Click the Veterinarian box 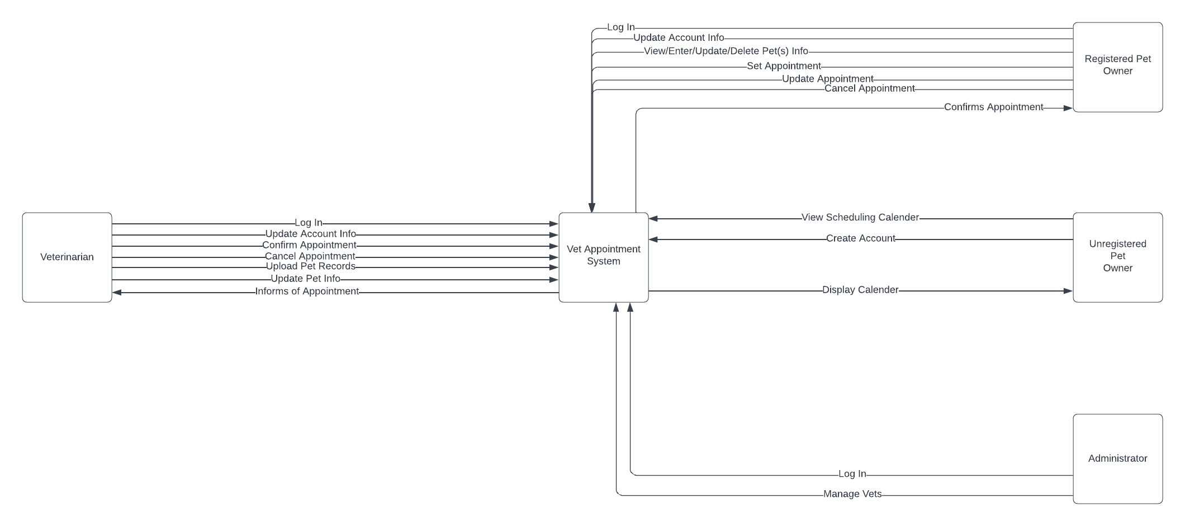67,257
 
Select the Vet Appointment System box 604,257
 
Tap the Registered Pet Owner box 1117,67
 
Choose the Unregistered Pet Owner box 1117,257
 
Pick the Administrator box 1117,459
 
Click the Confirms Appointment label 993,107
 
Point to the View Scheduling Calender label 860,217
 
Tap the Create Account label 860,238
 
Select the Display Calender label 860,290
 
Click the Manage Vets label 852,494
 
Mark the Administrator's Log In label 852,474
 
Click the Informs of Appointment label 307,292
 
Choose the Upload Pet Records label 310,266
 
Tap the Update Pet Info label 305,279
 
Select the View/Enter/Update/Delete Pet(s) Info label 726,51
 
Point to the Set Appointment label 784,66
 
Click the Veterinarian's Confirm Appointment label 309,245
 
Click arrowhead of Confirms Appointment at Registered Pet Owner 1068,108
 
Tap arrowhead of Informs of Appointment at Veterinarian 117,292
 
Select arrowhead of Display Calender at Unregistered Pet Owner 1068,291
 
